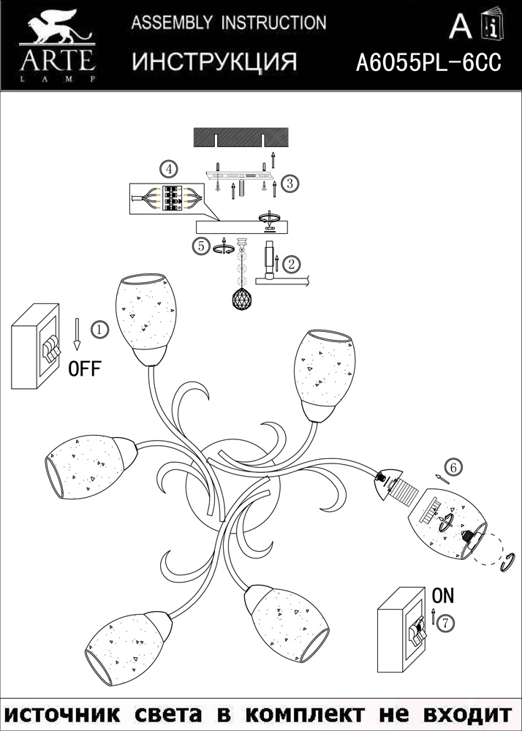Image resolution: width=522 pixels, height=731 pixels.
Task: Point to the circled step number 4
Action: (169, 170)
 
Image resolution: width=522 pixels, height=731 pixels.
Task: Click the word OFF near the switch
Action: (85, 368)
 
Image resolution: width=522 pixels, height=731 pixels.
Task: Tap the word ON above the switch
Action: (443, 596)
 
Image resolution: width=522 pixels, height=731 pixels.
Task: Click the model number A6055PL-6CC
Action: (428, 64)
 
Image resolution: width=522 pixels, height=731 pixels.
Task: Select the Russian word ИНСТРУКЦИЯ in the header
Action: (214, 62)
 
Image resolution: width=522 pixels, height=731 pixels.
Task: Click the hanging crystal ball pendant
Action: (243, 298)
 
